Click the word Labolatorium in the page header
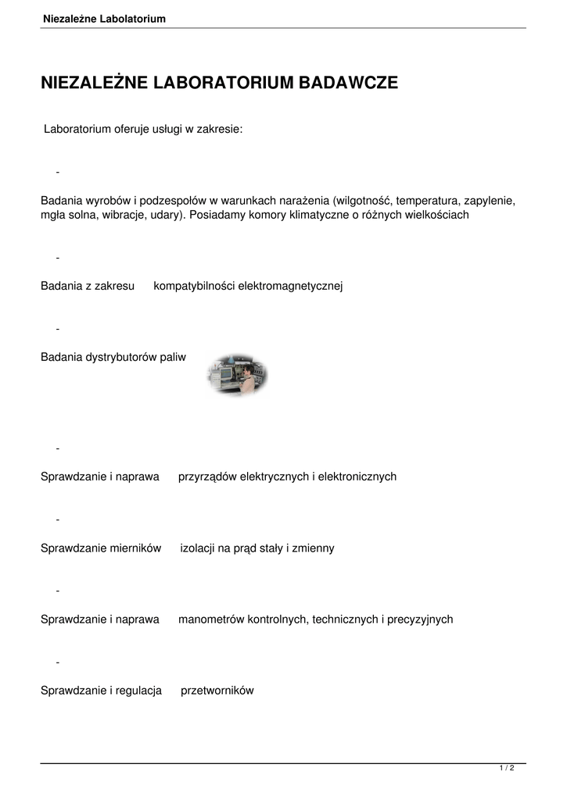pos(133,19)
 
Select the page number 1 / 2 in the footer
pos(507,769)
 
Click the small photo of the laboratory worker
pos(237,374)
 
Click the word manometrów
pos(211,620)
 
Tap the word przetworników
pos(217,691)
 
